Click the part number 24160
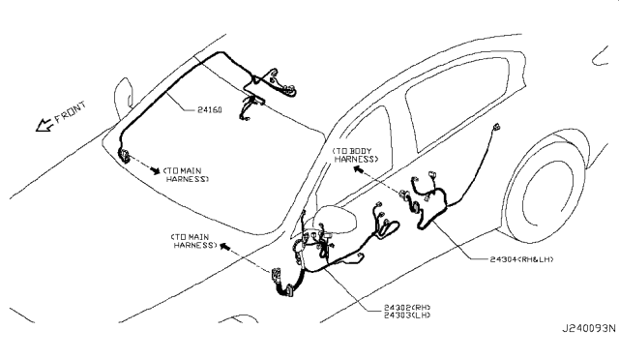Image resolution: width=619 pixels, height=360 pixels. coord(209,110)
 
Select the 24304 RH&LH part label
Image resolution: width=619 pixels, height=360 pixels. coord(521,259)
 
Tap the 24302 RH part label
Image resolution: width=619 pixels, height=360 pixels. coord(407,307)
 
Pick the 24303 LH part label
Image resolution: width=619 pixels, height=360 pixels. coord(407,315)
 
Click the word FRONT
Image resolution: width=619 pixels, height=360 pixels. coord(70,112)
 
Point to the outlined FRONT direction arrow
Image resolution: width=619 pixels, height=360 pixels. coord(44,125)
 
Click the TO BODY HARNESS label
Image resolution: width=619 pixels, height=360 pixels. coord(356,155)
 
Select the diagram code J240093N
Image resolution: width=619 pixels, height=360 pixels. coord(589,328)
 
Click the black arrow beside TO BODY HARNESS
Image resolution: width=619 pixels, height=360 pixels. coord(358,169)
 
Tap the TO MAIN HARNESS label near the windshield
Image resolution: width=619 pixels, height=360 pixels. coord(186,174)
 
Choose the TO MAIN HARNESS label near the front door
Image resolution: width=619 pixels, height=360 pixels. coord(193,241)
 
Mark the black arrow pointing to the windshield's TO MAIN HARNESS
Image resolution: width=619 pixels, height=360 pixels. coord(156,170)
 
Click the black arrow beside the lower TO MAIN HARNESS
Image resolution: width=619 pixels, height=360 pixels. coord(224,247)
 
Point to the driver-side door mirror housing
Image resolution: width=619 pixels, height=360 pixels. coord(336,219)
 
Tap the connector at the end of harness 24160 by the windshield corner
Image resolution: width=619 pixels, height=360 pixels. coord(124,155)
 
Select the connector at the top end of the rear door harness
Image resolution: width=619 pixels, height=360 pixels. coord(496,127)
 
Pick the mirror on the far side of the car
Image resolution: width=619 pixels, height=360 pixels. coord(123,97)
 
